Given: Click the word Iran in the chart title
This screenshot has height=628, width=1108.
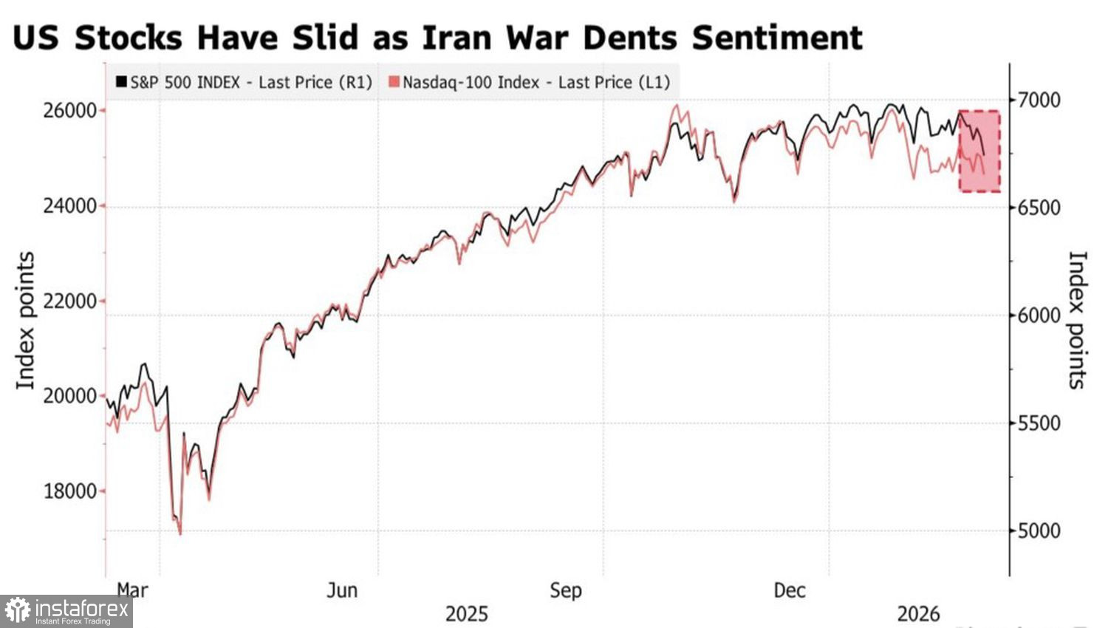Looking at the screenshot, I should (x=456, y=37).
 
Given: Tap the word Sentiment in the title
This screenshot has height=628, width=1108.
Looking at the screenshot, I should (x=777, y=37).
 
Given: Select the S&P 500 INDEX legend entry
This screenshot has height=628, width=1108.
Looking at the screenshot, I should (x=244, y=82).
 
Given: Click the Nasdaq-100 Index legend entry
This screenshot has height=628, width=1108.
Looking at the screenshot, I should (x=529, y=82).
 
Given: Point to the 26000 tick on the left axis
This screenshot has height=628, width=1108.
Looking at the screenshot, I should (x=70, y=111).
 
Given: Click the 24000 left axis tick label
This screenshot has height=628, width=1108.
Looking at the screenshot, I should (x=70, y=206).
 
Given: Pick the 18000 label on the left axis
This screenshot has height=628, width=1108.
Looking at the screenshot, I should (x=70, y=491).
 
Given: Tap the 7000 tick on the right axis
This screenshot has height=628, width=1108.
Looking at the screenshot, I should (x=1039, y=100).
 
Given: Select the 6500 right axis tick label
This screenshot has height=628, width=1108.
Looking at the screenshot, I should (x=1039, y=208).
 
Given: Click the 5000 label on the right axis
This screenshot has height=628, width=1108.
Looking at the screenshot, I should (x=1039, y=530).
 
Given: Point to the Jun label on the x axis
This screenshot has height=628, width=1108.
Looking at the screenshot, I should (x=342, y=590).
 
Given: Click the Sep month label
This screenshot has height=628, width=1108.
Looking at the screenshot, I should (x=565, y=590).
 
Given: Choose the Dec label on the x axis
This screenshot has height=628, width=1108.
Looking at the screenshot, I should (x=789, y=590).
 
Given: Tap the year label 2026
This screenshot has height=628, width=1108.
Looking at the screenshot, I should (x=918, y=614).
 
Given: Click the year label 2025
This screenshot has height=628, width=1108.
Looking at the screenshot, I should (x=466, y=614).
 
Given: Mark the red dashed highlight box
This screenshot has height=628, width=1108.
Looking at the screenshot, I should (x=979, y=151).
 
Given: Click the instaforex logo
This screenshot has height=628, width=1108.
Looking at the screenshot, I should (x=66, y=611).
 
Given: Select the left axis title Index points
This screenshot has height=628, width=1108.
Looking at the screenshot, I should (x=26, y=321).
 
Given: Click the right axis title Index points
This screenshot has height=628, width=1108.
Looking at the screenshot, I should (x=1078, y=321).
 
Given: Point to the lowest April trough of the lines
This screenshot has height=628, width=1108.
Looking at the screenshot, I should (x=179, y=532).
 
